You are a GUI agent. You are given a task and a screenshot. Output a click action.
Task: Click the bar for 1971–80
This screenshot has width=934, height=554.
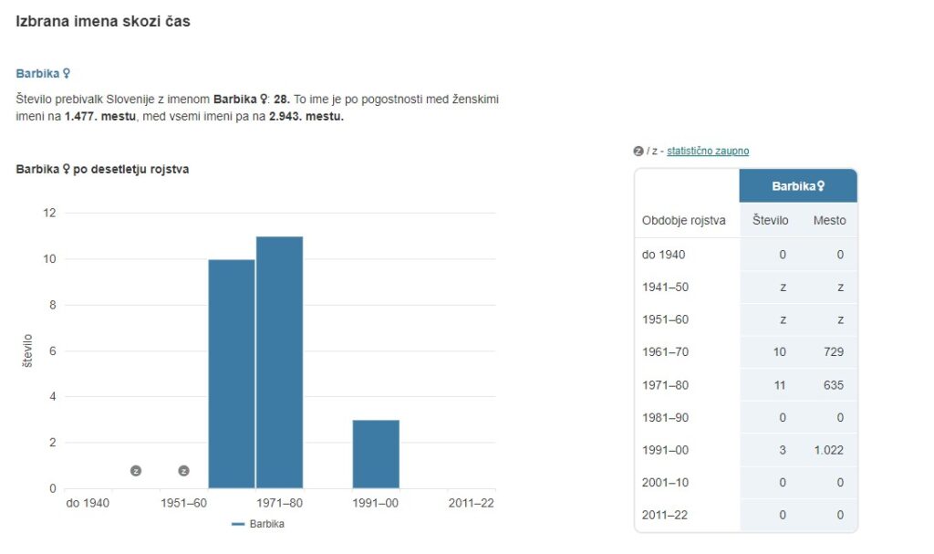279,361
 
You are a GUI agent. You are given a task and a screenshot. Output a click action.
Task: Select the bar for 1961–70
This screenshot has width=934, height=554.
232,373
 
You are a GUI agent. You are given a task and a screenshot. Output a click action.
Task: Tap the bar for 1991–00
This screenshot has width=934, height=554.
376,454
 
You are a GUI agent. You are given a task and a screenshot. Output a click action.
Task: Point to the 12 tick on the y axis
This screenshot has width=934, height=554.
49,214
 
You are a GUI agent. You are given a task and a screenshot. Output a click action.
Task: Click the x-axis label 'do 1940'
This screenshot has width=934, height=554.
88,503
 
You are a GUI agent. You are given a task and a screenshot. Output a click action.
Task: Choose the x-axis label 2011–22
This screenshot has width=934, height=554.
471,503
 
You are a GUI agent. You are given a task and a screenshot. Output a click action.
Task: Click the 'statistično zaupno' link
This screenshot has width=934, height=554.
707,152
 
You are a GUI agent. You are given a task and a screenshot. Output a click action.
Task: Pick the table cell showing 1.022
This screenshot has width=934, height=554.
828,450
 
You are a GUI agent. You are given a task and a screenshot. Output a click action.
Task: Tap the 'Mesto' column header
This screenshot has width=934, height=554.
829,221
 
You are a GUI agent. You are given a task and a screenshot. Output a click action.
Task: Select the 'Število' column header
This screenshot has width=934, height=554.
771,221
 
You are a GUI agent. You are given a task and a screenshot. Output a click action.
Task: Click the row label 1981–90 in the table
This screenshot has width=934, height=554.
665,418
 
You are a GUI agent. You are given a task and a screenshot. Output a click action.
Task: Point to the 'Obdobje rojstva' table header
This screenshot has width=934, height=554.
684,221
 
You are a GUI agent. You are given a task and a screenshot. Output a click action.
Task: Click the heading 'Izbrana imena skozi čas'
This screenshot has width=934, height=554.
103,21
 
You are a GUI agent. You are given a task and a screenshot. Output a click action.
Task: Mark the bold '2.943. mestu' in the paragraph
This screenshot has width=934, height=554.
306,116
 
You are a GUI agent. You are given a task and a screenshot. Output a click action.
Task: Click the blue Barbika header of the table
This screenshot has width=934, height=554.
798,186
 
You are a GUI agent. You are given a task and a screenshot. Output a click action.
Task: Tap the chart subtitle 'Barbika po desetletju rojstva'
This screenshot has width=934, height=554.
103,169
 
